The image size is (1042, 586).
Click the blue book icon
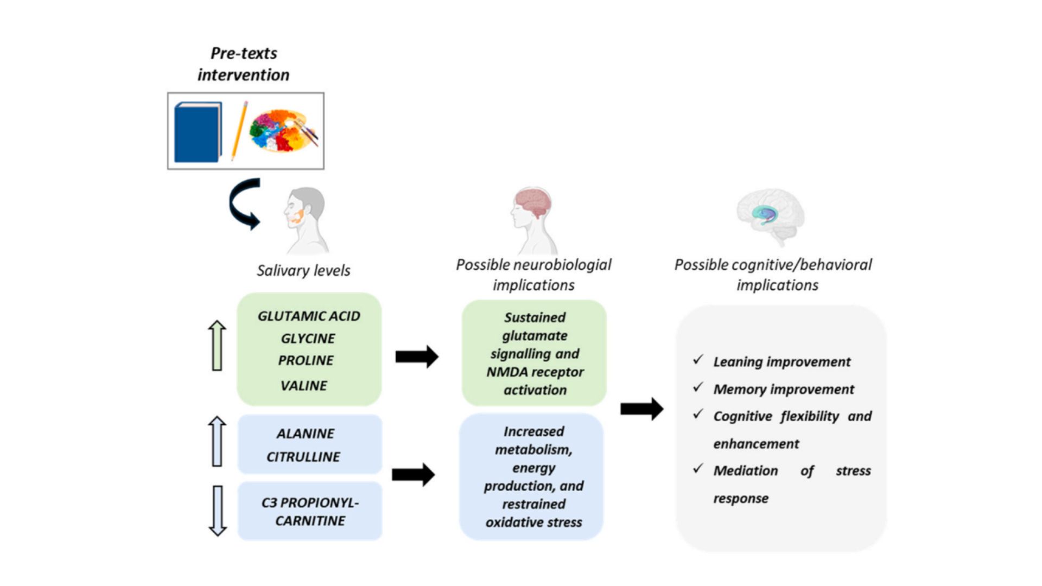click(198, 132)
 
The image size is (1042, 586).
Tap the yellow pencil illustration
click(239, 131)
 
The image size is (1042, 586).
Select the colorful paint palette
click(283, 131)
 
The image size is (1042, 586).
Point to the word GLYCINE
click(308, 339)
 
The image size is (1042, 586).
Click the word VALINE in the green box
click(303, 386)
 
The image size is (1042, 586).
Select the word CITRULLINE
click(303, 457)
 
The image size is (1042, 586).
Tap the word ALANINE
click(305, 434)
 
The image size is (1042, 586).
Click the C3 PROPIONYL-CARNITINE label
click(310, 511)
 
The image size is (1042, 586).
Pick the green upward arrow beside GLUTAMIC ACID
click(217, 346)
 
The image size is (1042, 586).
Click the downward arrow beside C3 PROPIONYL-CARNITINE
click(218, 511)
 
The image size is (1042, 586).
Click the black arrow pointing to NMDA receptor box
click(416, 356)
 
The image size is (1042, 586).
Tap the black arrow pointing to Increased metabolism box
click(413, 475)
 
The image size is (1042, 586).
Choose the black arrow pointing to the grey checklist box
click(641, 409)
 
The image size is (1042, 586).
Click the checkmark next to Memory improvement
click(698, 387)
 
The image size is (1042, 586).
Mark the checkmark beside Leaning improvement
click(698, 359)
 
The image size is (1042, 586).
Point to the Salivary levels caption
click(303, 270)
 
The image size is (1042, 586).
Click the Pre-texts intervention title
click(243, 64)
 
